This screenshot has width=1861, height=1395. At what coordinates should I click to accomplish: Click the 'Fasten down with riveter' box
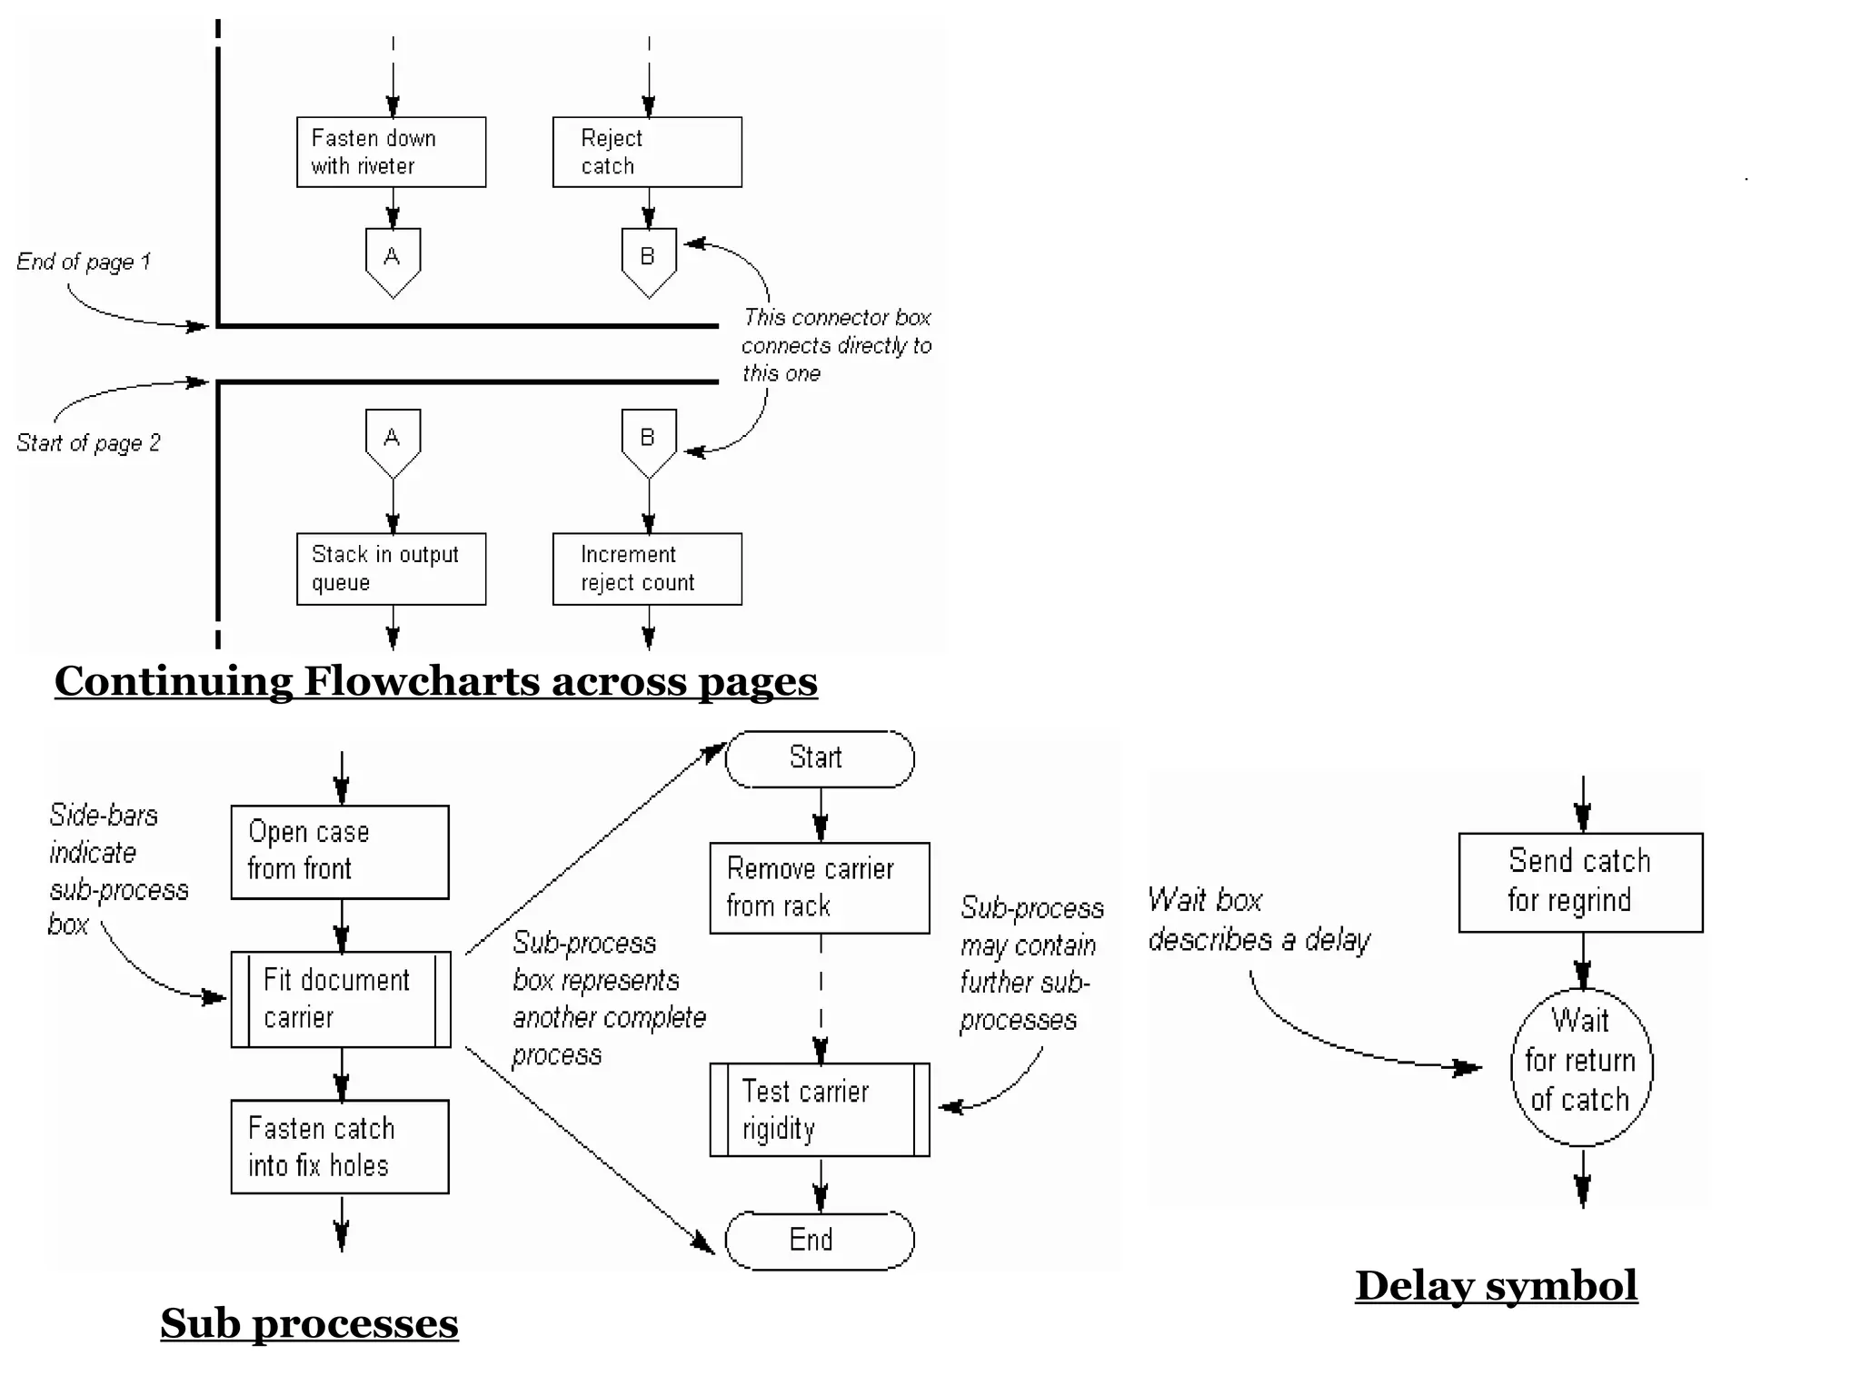coord(391,152)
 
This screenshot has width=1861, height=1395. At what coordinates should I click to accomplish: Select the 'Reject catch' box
coord(647,152)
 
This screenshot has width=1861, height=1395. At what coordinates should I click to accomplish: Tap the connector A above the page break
coord(393,260)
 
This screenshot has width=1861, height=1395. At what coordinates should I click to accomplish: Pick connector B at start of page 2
coord(648,441)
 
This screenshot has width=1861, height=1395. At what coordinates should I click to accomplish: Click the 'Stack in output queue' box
coord(391,569)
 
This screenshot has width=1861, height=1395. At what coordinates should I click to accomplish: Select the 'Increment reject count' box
coord(647,569)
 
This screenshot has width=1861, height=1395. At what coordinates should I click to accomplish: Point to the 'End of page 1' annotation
coord(84,262)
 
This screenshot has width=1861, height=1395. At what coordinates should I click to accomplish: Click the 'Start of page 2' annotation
coord(88,443)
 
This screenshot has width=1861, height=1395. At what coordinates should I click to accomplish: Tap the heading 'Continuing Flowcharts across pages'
coord(436,681)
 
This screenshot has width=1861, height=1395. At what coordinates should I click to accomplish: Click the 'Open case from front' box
coord(340,852)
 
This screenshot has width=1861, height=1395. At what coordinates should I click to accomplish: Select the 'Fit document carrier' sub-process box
coord(341,999)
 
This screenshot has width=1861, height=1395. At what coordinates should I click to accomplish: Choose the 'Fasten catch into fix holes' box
coord(340,1147)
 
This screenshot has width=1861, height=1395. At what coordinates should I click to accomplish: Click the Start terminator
coord(820,758)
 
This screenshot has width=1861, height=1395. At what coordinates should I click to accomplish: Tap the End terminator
coord(820,1240)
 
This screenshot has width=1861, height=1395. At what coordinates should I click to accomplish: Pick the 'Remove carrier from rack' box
coord(820,887)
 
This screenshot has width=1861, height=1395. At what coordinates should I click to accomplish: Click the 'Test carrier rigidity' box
coord(820,1110)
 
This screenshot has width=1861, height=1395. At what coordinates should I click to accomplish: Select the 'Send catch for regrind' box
coord(1580,882)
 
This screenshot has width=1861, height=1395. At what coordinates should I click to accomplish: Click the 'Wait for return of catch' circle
coord(1581,1067)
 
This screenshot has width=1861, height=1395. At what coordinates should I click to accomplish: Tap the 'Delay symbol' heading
coord(1497,1286)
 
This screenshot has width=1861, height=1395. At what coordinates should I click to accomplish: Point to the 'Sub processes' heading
coord(309,1323)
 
